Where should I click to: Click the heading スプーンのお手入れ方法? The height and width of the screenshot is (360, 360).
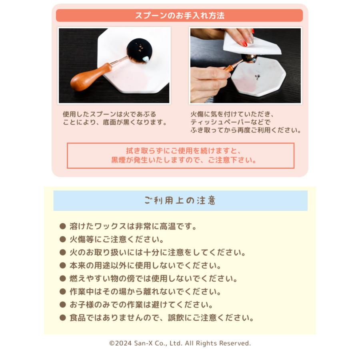pyautogui.click(x=180, y=16)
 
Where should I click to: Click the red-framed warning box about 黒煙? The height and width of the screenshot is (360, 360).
pyautogui.click(x=180, y=156)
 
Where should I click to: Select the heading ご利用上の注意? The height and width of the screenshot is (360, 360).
pyautogui.click(x=180, y=200)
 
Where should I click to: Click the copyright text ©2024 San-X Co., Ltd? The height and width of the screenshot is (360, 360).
pyautogui.click(x=180, y=343)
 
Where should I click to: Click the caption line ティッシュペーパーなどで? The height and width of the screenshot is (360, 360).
pyautogui.click(x=230, y=122)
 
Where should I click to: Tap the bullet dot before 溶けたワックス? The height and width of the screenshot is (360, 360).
pyautogui.click(x=62, y=226)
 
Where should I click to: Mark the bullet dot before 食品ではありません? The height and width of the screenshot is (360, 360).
pyautogui.click(x=62, y=318)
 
